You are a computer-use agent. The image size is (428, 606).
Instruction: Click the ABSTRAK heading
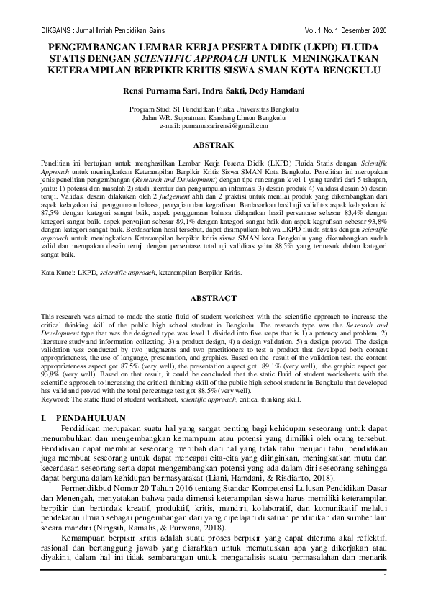pyautogui.click(x=214, y=143)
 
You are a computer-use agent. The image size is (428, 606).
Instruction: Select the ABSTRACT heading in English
pyautogui.click(x=214, y=298)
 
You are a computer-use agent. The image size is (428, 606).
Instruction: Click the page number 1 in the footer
pyautogui.click(x=386, y=576)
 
